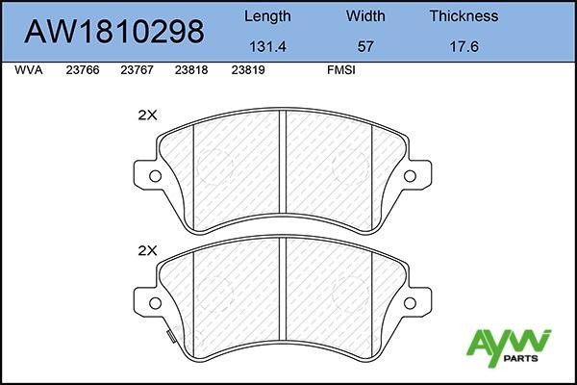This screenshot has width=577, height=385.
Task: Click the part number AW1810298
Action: [x=113, y=32]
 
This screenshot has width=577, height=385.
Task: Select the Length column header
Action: [x=268, y=16]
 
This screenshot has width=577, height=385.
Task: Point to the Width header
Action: [x=365, y=16]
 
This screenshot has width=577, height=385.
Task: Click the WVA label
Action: [x=29, y=70]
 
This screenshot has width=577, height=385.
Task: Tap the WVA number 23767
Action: [x=138, y=70]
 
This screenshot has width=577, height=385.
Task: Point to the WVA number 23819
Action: [x=248, y=70]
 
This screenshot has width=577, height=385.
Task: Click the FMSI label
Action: [x=341, y=70]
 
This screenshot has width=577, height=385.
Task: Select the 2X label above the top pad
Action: [x=147, y=114]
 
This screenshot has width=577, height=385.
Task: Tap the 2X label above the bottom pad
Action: [x=147, y=250]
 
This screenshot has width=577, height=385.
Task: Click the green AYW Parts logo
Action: [x=508, y=347]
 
